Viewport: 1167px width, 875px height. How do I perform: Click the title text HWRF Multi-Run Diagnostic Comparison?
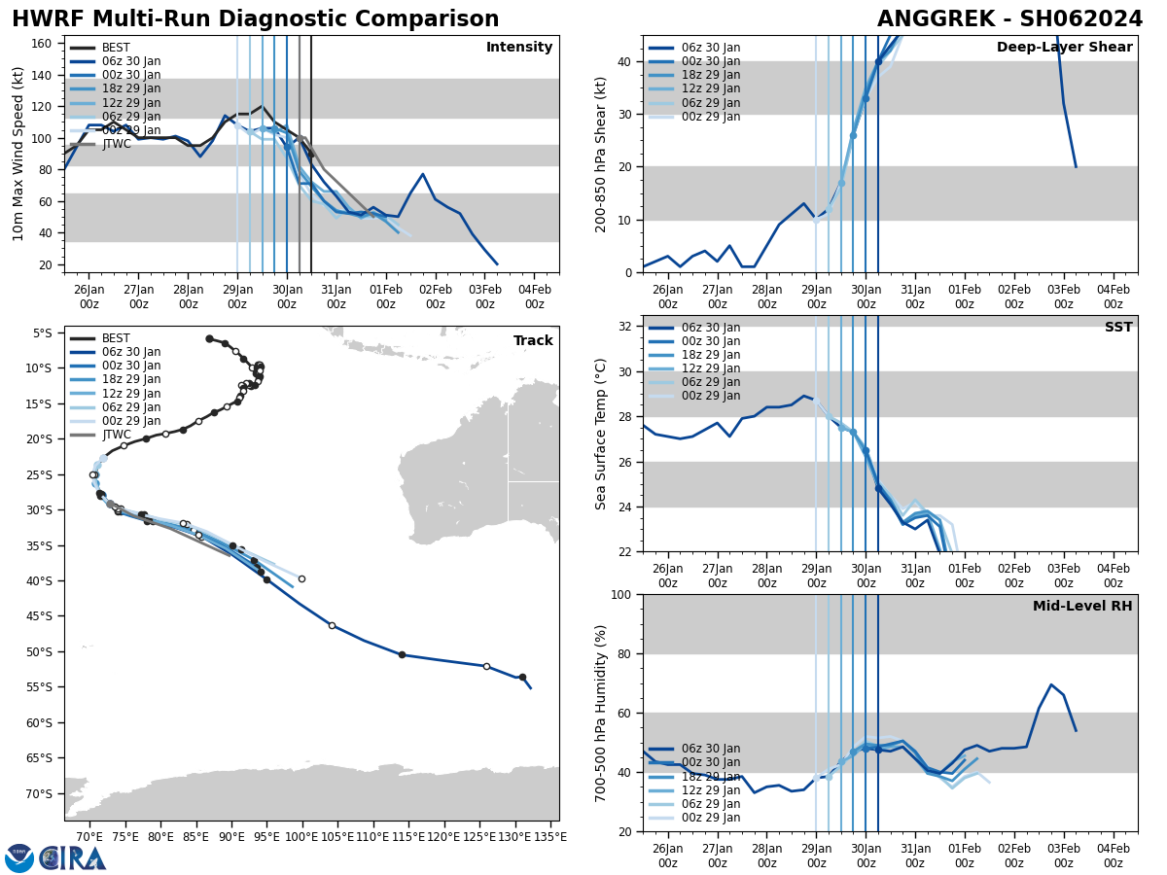pyautogui.click(x=255, y=19)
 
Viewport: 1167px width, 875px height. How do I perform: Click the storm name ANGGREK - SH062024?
pyautogui.click(x=1009, y=19)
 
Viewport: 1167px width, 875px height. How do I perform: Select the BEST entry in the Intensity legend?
pyautogui.click(x=115, y=48)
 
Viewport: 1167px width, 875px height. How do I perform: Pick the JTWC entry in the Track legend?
pyautogui.click(x=116, y=435)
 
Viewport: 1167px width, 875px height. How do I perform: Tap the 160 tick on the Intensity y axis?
pyautogui.click(x=44, y=43)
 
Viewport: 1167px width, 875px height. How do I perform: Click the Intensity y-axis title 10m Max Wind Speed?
pyautogui.click(x=18, y=154)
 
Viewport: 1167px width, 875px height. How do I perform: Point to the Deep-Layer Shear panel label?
pyautogui.click(x=1064, y=48)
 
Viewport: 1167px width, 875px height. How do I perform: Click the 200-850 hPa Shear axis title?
pyautogui.click(x=602, y=154)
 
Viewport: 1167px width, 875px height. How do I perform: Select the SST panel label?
pyautogui.click(x=1117, y=328)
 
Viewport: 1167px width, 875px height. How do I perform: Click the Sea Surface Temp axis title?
pyautogui.click(x=602, y=434)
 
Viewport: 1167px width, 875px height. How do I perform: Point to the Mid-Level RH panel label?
pyautogui.click(x=1082, y=607)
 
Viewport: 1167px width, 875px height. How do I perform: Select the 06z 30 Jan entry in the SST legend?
pyautogui.click(x=710, y=328)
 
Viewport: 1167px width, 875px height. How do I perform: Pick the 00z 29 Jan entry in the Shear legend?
pyautogui.click(x=710, y=117)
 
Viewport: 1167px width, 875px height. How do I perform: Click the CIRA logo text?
pyautogui.click(x=72, y=857)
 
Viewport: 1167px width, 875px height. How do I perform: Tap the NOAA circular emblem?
pyautogui.click(x=18, y=858)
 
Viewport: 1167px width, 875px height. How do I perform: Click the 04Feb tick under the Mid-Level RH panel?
pyautogui.click(x=1113, y=848)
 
